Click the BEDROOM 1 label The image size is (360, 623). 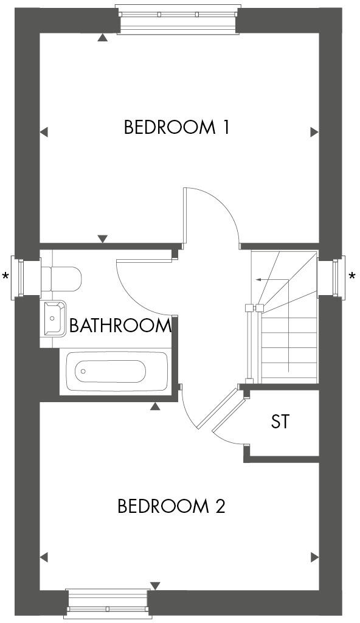[x=176, y=128]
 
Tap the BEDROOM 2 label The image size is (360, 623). [x=171, y=506]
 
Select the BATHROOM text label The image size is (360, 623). [x=120, y=325]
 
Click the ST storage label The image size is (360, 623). [x=280, y=422]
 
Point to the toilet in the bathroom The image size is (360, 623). [x=63, y=278]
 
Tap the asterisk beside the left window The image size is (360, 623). [x=6, y=277]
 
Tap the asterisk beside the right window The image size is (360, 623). [x=352, y=277]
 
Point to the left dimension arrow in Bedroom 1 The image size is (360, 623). [x=43, y=131]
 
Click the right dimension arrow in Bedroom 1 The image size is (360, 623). [x=314, y=131]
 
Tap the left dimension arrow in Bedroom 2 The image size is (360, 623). [x=43, y=557]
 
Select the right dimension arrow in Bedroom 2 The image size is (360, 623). [x=314, y=557]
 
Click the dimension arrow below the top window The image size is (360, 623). [x=103, y=38]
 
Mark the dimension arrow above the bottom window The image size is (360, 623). [x=155, y=585]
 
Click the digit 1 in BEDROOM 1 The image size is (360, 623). [x=225, y=128]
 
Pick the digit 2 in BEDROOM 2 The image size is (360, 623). [x=220, y=506]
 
